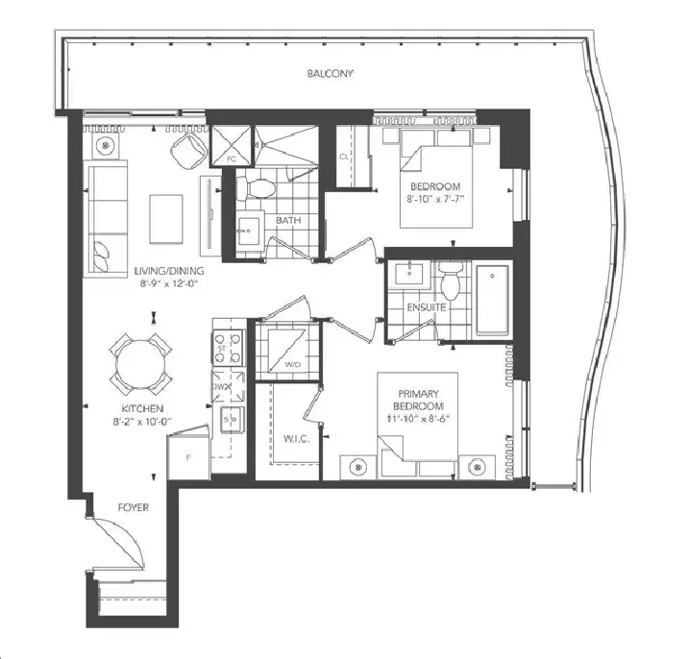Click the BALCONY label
330,74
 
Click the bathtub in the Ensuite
492,300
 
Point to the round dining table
141,364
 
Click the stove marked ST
228,348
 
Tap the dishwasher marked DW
228,386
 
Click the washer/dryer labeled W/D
288,350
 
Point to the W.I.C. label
297,438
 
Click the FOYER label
134,507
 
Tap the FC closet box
232,146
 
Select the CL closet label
344,157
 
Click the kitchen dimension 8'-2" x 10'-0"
142,422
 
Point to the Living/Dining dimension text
169,284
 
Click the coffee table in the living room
166,219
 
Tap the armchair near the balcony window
189,150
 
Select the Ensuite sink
409,275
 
